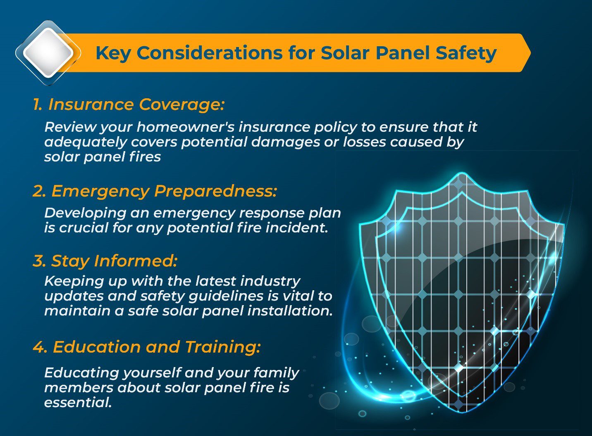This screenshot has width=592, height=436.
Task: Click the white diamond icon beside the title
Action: (x=48, y=52)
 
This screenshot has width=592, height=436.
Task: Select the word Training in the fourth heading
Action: (x=223, y=347)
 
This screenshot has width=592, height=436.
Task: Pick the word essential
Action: (x=78, y=403)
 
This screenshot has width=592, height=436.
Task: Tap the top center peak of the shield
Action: (x=462, y=173)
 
